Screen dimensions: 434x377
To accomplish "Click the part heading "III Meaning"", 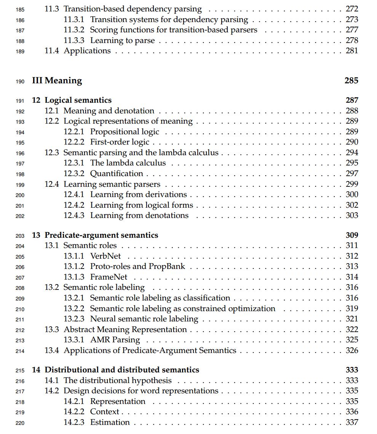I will (57, 81).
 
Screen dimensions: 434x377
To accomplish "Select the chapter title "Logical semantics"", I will (78, 100).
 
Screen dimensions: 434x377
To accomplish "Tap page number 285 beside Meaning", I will (351, 81).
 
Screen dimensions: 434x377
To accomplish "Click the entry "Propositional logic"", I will (125, 132).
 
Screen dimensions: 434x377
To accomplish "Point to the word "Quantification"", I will (117, 174).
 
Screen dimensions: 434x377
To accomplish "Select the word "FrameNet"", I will (109, 277).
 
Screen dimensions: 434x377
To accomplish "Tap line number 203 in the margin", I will (20, 236).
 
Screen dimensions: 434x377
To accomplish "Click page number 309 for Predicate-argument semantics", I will (352, 235).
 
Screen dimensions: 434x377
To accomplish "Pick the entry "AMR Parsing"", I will (115, 340).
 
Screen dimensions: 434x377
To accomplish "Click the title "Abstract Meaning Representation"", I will (125, 330).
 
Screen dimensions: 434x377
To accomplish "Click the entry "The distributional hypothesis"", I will (118, 381).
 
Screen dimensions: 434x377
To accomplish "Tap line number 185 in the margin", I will (20, 10).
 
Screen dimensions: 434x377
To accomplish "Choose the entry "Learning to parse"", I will (122, 41).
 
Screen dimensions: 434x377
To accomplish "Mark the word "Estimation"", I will (110, 423).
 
